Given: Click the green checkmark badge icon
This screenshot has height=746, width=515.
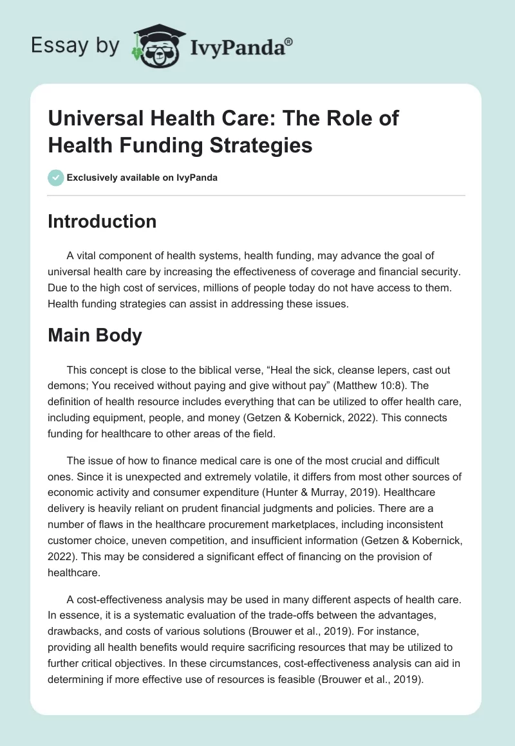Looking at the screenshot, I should pos(56,177).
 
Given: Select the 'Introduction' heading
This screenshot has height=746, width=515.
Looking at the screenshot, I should pos(102,221).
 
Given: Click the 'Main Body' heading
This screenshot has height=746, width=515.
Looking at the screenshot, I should pos(95,336).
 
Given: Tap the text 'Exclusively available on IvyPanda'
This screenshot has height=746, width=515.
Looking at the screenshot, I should pos(142,177).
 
